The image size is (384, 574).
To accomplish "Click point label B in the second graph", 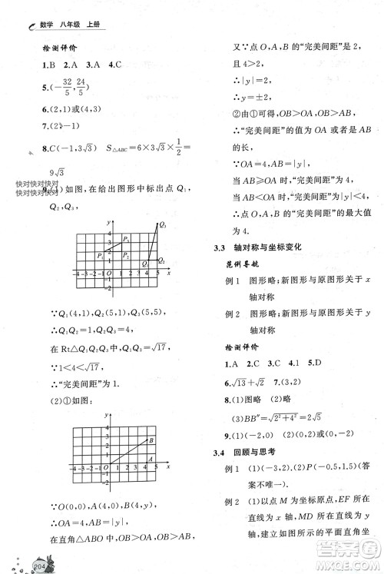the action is tap(152, 439).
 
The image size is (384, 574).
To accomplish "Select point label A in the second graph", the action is tap(151, 460).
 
